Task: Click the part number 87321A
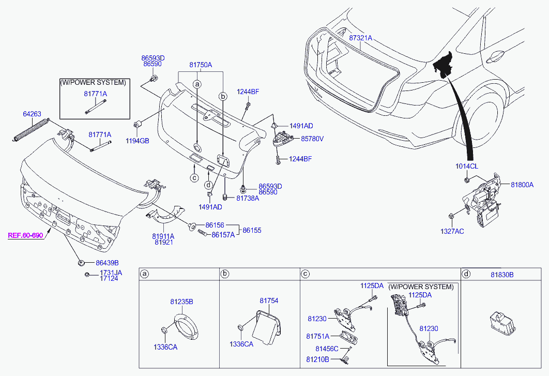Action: (360, 38)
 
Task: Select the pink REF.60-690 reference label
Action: (25, 235)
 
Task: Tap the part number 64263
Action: (32, 113)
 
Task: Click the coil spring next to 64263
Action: (30, 129)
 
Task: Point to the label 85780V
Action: (312, 139)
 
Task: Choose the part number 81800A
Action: (522, 185)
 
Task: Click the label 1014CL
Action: (467, 167)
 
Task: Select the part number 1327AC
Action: (452, 231)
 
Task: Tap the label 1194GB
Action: (138, 140)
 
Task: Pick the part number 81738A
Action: (248, 198)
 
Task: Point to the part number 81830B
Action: (502, 275)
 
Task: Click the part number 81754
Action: (269, 300)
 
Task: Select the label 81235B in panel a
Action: (181, 302)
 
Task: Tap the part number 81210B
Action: (317, 358)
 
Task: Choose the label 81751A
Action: (317, 336)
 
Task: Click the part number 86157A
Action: (223, 234)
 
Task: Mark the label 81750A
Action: (201, 65)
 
